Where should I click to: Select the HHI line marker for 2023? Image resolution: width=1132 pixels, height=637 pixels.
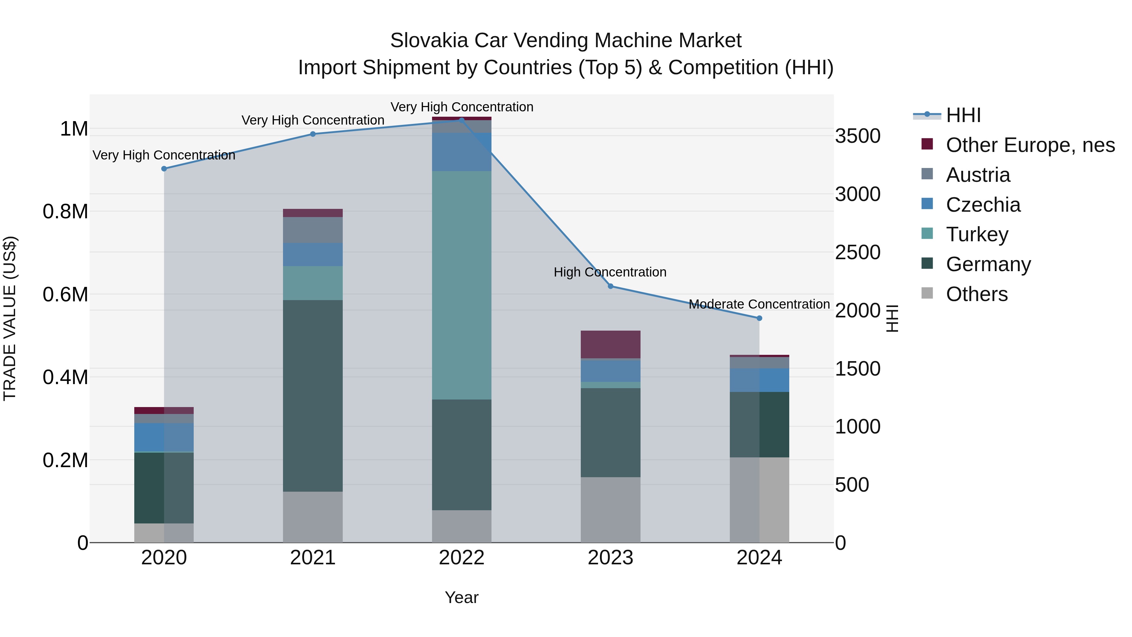(610, 286)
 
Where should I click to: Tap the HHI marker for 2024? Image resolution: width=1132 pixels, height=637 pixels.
(759, 318)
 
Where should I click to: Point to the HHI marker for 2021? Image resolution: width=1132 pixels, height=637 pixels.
(313, 134)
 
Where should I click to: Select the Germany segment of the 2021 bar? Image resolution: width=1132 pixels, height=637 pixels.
(313, 396)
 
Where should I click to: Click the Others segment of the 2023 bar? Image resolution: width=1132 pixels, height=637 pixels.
(610, 510)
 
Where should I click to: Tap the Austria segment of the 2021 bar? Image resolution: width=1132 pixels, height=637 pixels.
(313, 230)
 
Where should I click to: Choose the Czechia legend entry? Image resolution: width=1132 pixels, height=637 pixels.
(983, 205)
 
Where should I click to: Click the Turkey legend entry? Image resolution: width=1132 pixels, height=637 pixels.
(977, 234)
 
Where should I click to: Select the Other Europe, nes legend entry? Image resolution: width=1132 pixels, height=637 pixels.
(1030, 145)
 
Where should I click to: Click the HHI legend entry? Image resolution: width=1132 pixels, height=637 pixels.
(963, 115)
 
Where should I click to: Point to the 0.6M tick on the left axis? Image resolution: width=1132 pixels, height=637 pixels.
(65, 294)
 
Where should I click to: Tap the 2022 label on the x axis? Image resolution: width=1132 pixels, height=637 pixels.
(461, 558)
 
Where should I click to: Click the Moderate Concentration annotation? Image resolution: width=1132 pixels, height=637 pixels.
(759, 304)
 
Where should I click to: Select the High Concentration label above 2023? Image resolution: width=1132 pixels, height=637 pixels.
(610, 272)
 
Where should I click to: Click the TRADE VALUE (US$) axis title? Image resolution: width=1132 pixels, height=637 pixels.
(10, 318)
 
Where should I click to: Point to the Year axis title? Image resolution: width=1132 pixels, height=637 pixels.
(461, 597)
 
